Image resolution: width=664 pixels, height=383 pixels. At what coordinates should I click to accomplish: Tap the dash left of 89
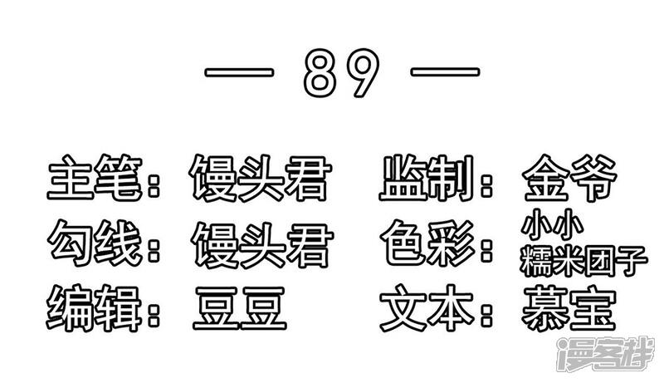pyautogui.click(x=241, y=73)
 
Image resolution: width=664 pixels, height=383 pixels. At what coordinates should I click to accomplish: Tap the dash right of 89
pyautogui.click(x=444, y=73)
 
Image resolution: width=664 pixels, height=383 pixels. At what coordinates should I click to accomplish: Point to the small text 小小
pyautogui.click(x=544, y=225)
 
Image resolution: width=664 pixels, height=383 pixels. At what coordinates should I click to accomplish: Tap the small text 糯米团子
pyautogui.click(x=581, y=259)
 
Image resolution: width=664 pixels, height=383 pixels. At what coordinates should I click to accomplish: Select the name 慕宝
pyautogui.click(x=570, y=307)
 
